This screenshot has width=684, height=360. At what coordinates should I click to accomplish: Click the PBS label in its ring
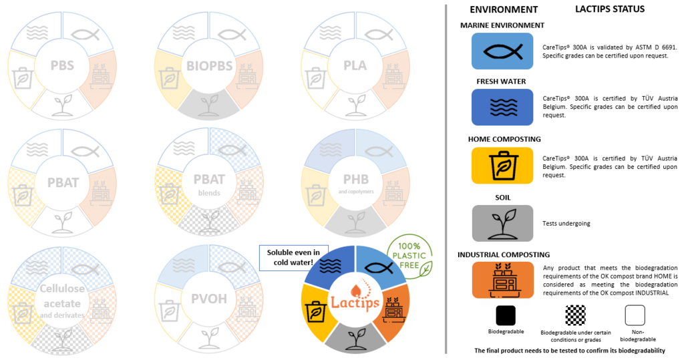pyautogui.click(x=62, y=66)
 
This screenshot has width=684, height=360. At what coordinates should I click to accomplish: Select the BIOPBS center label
pyautogui.click(x=210, y=66)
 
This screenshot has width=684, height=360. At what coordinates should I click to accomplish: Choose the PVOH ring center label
pyautogui.click(x=210, y=299)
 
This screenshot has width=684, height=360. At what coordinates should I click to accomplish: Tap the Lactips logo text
pyautogui.click(x=355, y=302)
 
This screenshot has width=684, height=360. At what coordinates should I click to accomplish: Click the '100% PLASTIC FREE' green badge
pyautogui.click(x=409, y=256)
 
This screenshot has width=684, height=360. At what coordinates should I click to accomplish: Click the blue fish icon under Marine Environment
pyautogui.click(x=502, y=51)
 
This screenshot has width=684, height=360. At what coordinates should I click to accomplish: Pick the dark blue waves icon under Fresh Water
pyautogui.click(x=502, y=108)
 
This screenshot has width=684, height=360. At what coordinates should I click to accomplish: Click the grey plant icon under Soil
pyautogui.click(x=502, y=223)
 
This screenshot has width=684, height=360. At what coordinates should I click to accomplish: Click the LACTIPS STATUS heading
pyautogui.click(x=610, y=9)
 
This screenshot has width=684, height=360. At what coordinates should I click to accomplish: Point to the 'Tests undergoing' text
pyautogui.click(x=566, y=224)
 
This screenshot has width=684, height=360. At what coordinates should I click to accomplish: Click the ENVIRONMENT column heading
pyautogui.click(x=504, y=9)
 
